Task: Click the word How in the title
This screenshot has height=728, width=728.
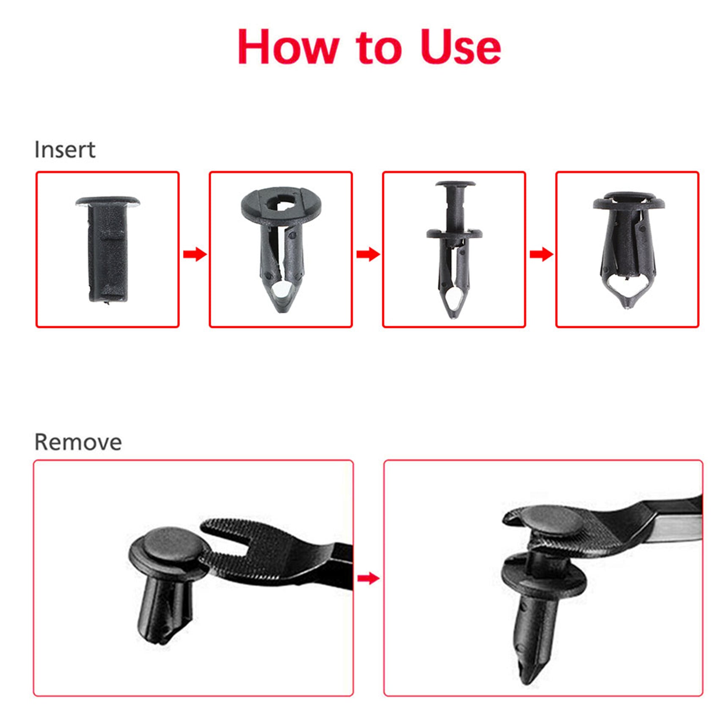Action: tap(288, 47)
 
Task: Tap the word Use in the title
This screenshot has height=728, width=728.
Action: tap(461, 47)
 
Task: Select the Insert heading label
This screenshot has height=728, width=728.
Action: tap(65, 149)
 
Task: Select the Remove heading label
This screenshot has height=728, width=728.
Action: tap(78, 442)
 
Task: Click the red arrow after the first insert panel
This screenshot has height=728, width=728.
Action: tap(195, 254)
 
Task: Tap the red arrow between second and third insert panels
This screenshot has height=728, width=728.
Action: tap(368, 254)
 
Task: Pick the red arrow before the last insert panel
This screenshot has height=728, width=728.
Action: tap(541, 254)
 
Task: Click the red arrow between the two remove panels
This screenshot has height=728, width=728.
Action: tap(368, 578)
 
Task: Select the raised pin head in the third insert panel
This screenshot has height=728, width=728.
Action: tap(455, 185)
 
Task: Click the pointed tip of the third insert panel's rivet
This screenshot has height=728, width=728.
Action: tap(453, 315)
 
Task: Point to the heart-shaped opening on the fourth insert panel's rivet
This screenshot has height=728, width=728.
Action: tap(627, 287)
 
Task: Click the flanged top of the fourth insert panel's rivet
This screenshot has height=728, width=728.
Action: tap(629, 201)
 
